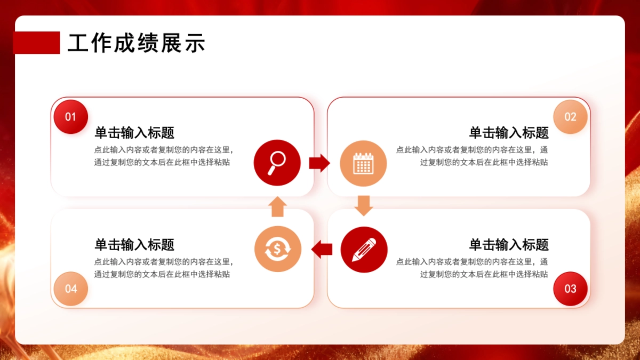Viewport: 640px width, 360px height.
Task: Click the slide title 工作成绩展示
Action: click(x=137, y=43)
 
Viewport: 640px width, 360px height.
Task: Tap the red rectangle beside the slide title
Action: click(x=36, y=43)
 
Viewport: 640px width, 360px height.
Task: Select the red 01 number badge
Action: click(x=70, y=117)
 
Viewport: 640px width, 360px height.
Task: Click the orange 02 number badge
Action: click(x=570, y=117)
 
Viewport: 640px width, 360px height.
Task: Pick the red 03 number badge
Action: click(x=570, y=289)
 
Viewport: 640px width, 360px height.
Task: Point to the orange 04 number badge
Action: click(x=71, y=289)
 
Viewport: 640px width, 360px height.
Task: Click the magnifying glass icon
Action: click(x=277, y=163)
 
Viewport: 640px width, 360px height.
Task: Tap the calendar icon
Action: click(x=363, y=163)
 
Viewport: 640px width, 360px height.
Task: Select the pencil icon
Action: click(x=364, y=250)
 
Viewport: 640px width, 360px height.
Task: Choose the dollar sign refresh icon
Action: click(x=278, y=249)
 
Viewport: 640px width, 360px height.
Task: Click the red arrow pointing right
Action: click(x=319, y=163)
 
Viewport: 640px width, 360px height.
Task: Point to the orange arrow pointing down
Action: click(x=363, y=205)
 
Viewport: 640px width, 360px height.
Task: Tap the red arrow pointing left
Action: click(x=322, y=249)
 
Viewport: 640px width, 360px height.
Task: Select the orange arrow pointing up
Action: click(x=277, y=206)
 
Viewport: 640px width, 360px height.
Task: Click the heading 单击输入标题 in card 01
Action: click(x=134, y=132)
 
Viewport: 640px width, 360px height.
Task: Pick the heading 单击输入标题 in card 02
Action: click(x=509, y=132)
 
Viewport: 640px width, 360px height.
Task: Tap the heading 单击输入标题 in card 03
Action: click(x=509, y=245)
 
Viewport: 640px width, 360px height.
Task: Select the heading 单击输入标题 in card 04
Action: click(x=134, y=245)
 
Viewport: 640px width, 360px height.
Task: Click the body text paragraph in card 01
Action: click(x=164, y=156)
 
